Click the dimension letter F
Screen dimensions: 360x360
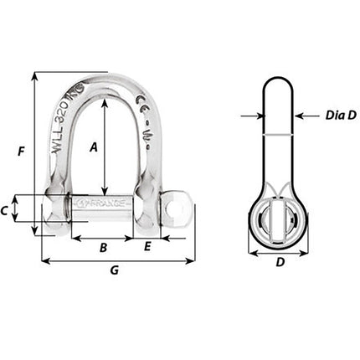tap(22, 152)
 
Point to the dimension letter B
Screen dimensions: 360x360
tap(104, 247)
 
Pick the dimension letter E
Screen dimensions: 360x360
tap(147, 247)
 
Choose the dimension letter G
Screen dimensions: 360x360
tap(114, 270)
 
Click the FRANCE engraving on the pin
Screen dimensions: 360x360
tap(104, 203)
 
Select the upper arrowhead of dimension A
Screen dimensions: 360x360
tap(104, 105)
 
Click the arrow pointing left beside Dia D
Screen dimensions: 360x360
tap(301, 116)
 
